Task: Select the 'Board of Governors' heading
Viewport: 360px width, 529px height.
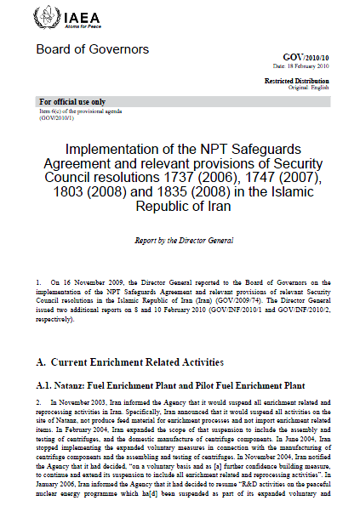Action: tap(92, 49)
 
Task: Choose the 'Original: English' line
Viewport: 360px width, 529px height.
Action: tap(311, 88)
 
